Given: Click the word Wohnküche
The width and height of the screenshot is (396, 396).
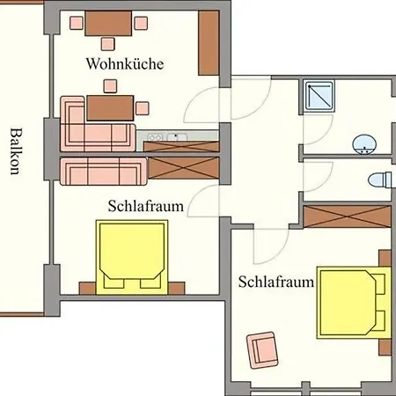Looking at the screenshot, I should (125, 64).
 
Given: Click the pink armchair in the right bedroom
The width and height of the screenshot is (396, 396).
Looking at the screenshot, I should (262, 349).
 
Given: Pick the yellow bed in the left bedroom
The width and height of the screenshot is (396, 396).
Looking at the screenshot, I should (133, 254).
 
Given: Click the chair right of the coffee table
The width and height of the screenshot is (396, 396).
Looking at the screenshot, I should (141, 108).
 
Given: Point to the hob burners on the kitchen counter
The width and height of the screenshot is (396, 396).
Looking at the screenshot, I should (157, 137).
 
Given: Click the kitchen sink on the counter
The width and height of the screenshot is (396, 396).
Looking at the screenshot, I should (179, 137).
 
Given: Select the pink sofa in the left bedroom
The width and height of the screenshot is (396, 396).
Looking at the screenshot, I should (103, 171).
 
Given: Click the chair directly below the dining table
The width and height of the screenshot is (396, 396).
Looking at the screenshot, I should (109, 43).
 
